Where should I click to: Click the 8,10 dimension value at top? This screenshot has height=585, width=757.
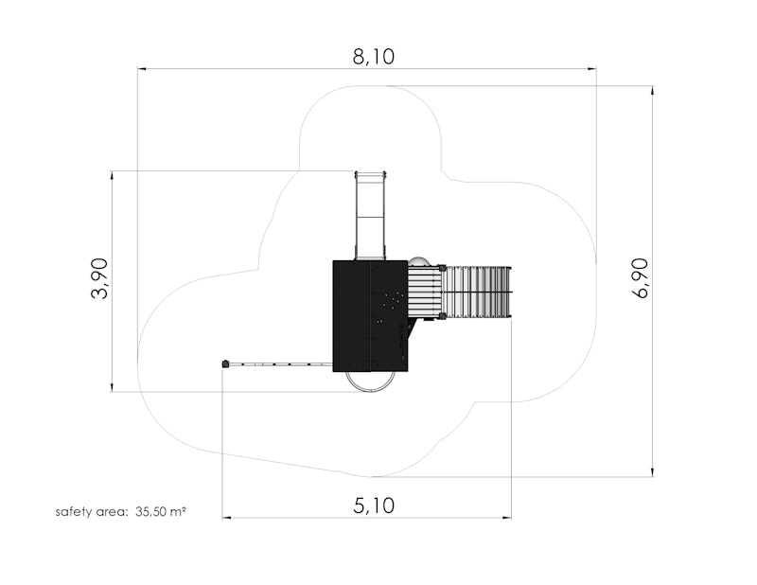373,57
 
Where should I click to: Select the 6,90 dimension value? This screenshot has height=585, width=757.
641,278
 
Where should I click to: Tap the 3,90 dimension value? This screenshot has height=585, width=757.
99,279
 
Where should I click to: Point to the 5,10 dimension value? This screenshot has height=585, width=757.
374,505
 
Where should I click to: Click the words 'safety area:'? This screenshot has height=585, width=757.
91,511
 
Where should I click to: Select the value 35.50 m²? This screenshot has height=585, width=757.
160,511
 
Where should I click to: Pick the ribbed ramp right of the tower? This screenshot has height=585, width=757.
478,292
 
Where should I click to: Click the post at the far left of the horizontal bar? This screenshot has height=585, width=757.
225,363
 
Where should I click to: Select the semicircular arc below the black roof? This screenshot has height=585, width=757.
369,381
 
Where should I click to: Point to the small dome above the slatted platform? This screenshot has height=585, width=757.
419,261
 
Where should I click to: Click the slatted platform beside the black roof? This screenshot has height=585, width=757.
424,292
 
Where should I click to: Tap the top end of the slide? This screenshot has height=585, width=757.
370,175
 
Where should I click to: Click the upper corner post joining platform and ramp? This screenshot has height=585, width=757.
442,267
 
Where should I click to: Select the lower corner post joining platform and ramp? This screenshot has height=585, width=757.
442,317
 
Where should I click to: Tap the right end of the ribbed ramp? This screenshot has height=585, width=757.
510,292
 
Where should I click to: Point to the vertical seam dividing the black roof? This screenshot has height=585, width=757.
369,316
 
